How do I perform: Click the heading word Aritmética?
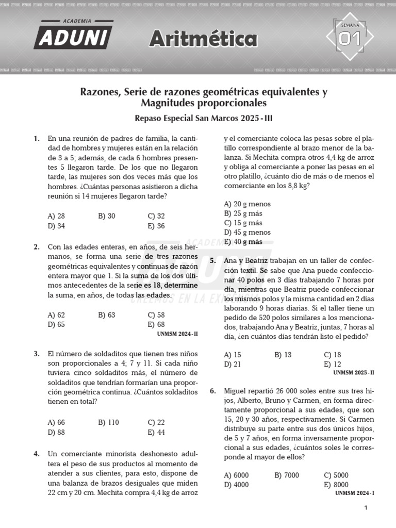click(x=203, y=39)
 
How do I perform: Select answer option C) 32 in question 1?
click(x=156, y=216)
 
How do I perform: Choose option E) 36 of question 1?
click(x=156, y=226)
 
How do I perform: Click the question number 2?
click(x=37, y=247)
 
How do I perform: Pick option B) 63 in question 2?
click(x=107, y=315)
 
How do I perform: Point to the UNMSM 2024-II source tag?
click(x=177, y=334)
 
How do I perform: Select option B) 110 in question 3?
click(x=109, y=422)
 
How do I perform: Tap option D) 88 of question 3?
click(x=56, y=432)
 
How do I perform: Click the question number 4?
click(x=37, y=454)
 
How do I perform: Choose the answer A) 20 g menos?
click(x=247, y=204)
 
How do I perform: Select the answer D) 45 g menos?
click(x=247, y=232)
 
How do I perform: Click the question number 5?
click(x=213, y=261)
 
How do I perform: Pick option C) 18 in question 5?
click(x=333, y=355)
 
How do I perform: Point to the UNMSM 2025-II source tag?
click(x=353, y=372)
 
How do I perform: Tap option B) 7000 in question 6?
click(x=287, y=475)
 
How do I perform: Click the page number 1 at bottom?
click(x=366, y=508)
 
